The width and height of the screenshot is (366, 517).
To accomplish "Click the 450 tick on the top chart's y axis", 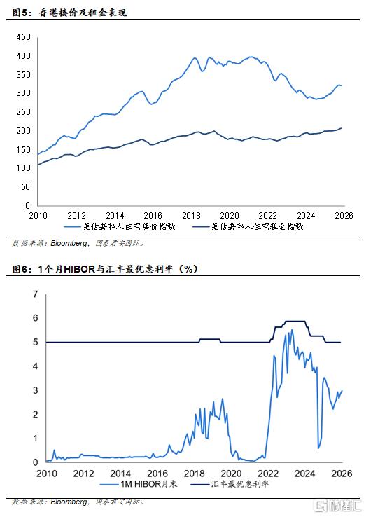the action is pyautogui.click(x=23, y=37).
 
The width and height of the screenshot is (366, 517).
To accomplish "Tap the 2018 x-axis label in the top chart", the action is pyautogui.click(x=191, y=216).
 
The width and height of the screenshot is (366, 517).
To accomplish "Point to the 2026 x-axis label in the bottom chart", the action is pyautogui.click(x=342, y=474).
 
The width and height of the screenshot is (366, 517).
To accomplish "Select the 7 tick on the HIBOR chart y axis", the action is pyautogui.click(x=35, y=294).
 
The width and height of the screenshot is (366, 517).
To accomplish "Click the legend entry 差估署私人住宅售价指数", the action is pyautogui.click(x=120, y=227).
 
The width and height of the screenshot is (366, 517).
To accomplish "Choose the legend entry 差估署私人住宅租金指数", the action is pyautogui.click(x=248, y=227).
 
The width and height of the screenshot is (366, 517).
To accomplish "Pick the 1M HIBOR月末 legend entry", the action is pyautogui.click(x=139, y=484).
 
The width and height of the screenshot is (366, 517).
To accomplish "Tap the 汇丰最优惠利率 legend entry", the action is pyautogui.click(x=230, y=484).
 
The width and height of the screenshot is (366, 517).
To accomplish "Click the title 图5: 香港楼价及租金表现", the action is pyautogui.click(x=69, y=13).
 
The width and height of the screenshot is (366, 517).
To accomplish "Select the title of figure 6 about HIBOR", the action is pyautogui.click(x=105, y=269).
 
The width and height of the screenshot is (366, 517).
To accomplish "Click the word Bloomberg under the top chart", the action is pyautogui.click(x=69, y=243).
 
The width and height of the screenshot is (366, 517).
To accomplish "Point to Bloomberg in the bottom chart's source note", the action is pyautogui.click(x=69, y=502).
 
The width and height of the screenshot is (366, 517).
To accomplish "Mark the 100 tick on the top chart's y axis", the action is pyautogui.click(x=23, y=168).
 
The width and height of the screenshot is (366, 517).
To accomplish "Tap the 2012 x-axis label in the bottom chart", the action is pyautogui.click(x=83, y=474).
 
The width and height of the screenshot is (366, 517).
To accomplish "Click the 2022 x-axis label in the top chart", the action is pyautogui.click(x=267, y=216).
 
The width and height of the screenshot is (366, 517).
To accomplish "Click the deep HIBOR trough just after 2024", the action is pyautogui.click(x=318, y=448).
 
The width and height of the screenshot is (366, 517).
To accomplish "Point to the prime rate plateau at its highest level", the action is pyautogui.click(x=295, y=321).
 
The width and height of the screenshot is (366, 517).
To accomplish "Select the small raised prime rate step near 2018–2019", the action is pyautogui.click(x=209, y=339).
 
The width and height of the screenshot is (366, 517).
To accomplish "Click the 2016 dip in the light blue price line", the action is pyautogui.click(x=152, y=104).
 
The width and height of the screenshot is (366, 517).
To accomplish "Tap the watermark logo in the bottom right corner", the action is pyautogui.click(x=338, y=506).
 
